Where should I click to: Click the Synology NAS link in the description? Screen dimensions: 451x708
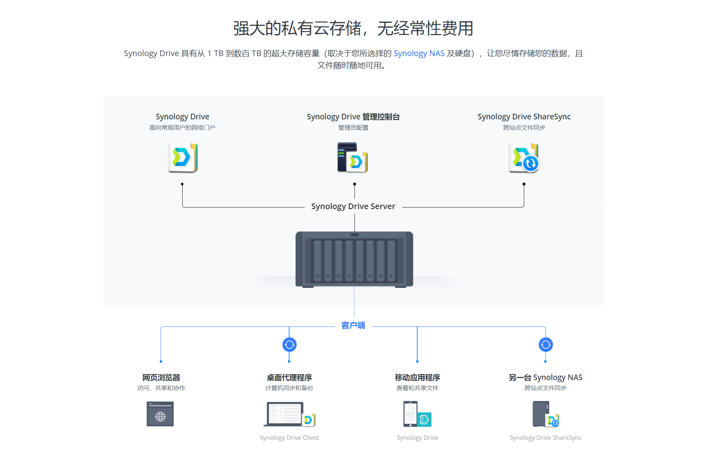click(x=419, y=53)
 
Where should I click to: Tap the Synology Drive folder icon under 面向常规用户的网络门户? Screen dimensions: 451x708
click(x=183, y=157)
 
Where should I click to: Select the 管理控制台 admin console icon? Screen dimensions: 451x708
click(x=352, y=157)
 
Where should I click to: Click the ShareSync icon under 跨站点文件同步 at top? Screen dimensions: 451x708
click(x=524, y=157)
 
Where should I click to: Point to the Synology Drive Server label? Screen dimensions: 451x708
click(x=353, y=206)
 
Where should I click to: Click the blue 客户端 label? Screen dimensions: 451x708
click(x=353, y=325)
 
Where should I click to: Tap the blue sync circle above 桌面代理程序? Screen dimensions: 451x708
click(x=289, y=344)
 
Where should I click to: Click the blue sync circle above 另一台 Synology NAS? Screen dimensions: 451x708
click(x=545, y=344)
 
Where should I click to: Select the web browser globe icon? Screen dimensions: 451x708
click(x=160, y=414)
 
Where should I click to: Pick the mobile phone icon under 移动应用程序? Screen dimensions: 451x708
click(x=411, y=414)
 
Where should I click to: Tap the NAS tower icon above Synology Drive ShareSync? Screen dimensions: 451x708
click(x=541, y=414)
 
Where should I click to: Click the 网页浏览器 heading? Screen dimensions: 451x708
click(x=161, y=377)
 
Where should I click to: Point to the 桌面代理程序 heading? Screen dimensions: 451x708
click(x=289, y=377)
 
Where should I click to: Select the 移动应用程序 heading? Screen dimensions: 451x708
click(x=417, y=377)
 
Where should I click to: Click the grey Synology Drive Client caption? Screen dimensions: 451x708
click(x=289, y=438)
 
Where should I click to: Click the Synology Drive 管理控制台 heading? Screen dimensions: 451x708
click(x=353, y=117)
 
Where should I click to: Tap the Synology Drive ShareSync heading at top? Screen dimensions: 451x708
click(x=524, y=117)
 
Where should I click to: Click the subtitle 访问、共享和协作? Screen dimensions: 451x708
click(x=161, y=388)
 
